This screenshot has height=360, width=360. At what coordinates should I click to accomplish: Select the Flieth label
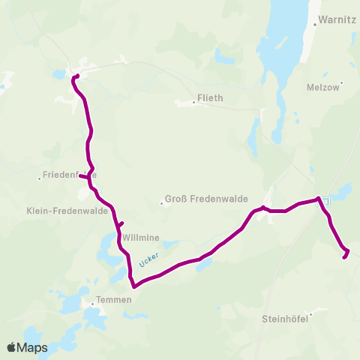(x=210, y=97)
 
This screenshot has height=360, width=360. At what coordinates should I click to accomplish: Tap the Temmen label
(x=114, y=299)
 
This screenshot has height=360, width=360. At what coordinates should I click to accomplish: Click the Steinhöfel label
(x=285, y=319)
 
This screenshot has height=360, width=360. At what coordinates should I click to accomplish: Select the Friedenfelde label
(x=67, y=175)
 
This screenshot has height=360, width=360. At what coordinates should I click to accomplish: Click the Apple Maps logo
(x=27, y=347)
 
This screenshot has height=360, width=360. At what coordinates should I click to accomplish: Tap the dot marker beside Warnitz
(x=314, y=25)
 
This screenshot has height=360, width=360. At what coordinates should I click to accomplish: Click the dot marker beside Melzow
(x=341, y=82)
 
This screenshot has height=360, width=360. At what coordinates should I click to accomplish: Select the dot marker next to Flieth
(x=193, y=103)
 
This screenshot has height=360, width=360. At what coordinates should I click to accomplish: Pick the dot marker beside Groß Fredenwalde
(x=162, y=202)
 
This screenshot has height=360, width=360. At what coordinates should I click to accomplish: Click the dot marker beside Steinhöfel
(x=310, y=315)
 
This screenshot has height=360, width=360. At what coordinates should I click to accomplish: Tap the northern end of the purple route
(x=77, y=76)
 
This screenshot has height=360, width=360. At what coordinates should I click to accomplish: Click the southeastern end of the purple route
(x=345, y=257)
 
